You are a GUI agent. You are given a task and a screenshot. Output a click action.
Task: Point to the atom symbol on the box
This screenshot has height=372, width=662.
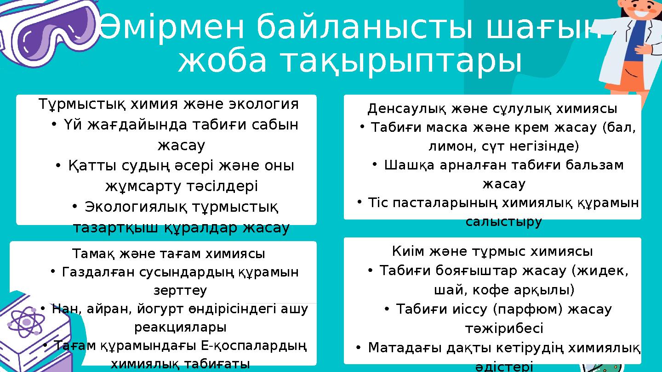pos(27,322)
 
